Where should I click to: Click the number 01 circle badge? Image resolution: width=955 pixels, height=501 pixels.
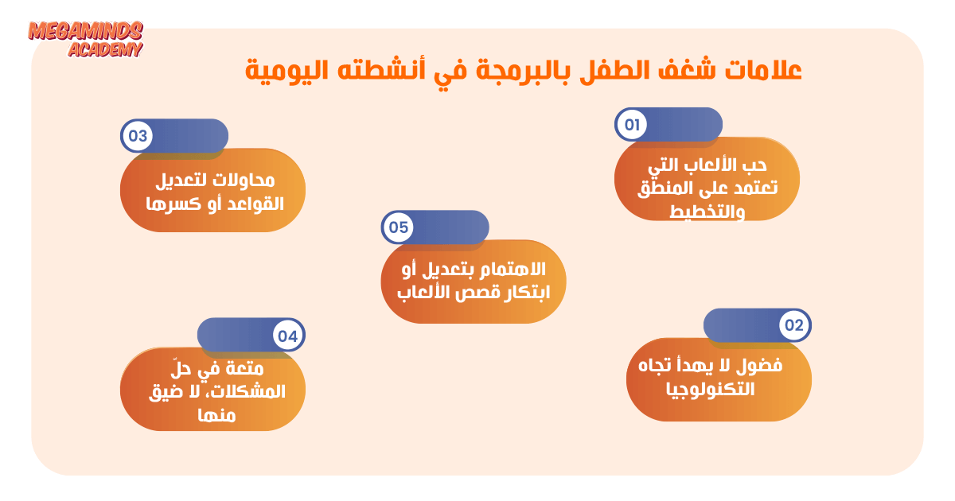632,125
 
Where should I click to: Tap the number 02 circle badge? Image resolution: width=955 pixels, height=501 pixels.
794,325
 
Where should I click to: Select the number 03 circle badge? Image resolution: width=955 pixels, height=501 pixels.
137,136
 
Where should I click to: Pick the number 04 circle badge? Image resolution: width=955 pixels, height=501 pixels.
288,336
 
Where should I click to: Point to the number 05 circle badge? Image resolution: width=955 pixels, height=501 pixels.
398,227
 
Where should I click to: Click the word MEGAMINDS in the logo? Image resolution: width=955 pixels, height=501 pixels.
85,32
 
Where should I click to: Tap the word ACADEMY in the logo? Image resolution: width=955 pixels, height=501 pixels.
105,50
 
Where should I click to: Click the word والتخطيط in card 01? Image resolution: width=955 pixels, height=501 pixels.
707,212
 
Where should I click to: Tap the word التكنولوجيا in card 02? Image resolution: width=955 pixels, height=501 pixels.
710,390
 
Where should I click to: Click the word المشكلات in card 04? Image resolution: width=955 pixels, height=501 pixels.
250,391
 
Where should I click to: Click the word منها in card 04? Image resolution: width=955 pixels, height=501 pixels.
216,415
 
